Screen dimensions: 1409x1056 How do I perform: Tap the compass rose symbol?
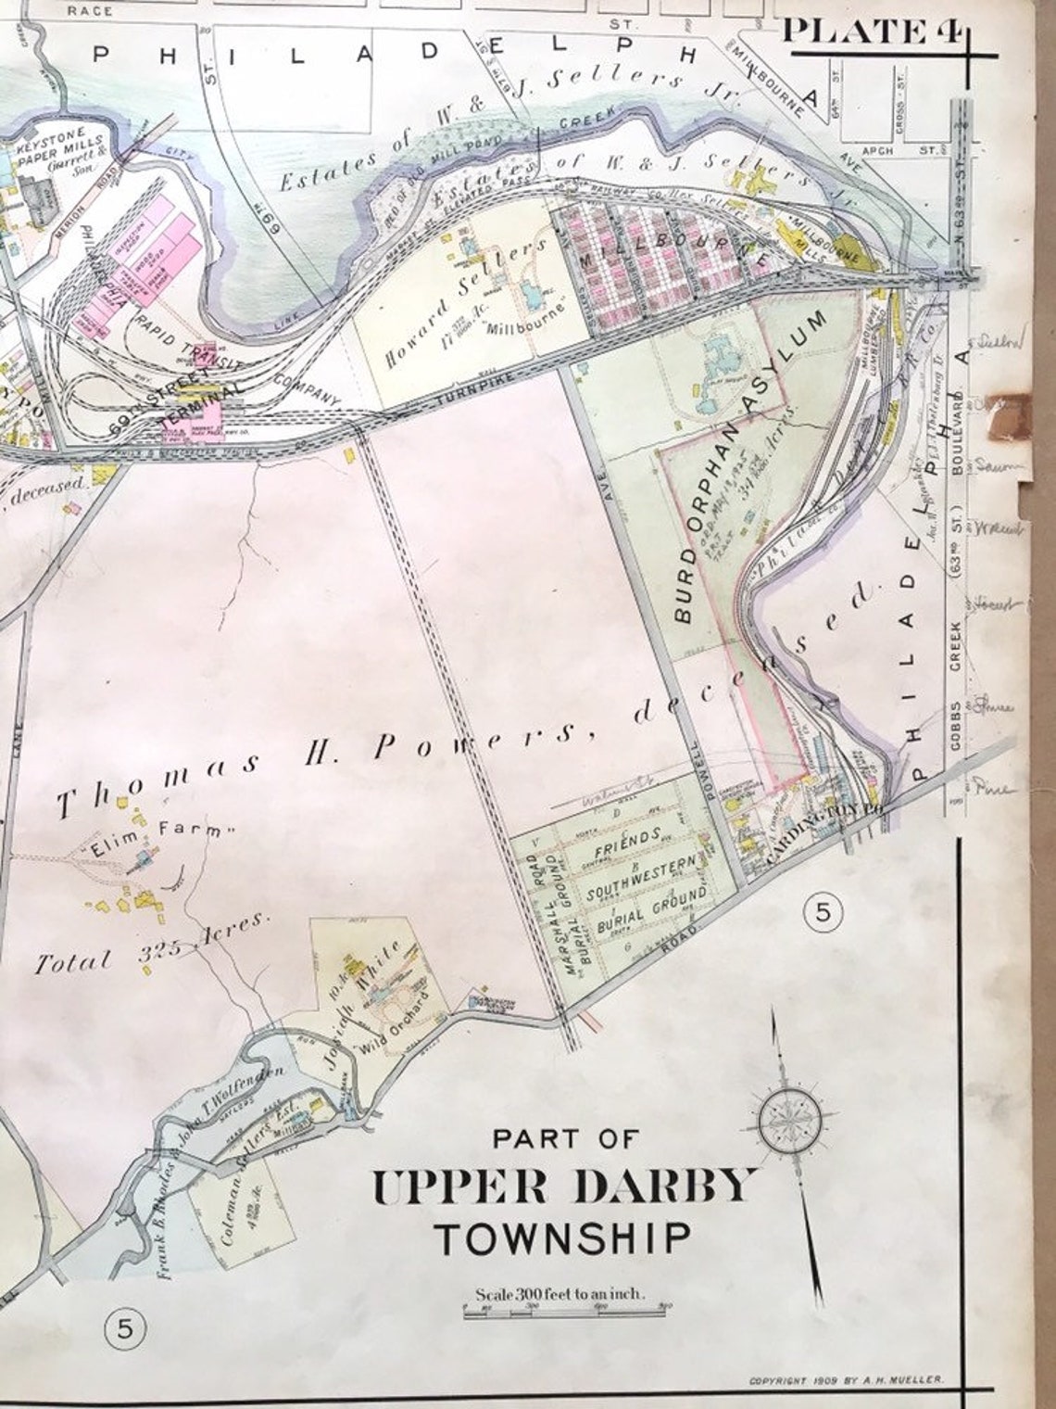pos(789,1120)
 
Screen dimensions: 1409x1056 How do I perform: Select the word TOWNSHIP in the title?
pos(563,1238)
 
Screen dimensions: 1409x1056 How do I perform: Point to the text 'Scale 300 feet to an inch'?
pos(560,1293)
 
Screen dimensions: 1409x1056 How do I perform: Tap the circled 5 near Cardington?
pos(823,913)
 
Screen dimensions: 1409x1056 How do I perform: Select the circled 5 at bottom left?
pos(125,1331)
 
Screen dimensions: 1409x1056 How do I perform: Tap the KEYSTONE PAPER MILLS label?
pos(48,145)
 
